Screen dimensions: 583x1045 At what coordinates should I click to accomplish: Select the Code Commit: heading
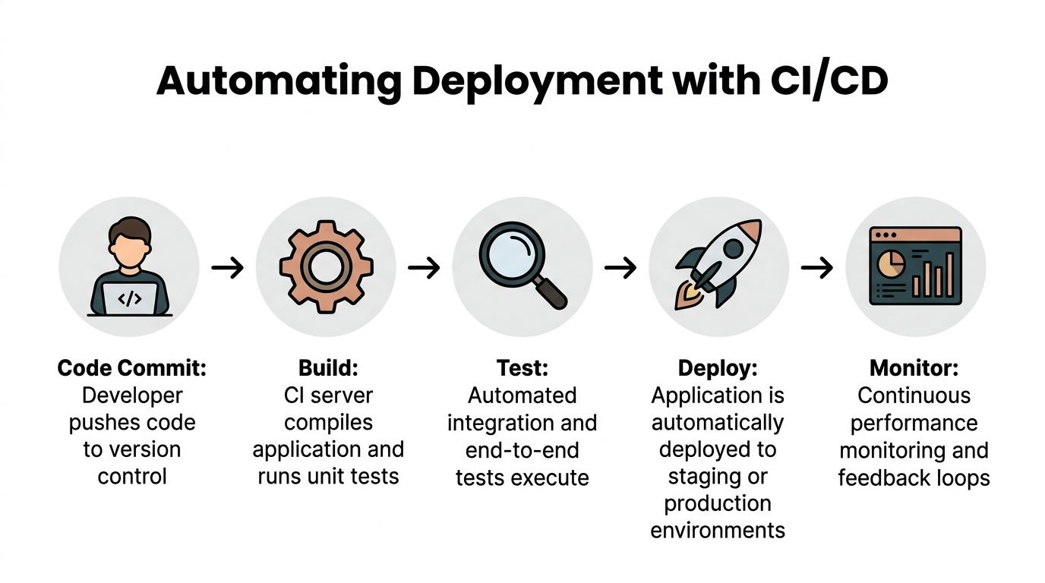[x=132, y=368]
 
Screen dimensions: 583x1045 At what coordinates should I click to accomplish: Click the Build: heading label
[x=328, y=368]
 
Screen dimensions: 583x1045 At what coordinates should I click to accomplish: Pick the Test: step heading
[x=522, y=368]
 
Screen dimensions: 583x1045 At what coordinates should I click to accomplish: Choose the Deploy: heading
[x=718, y=368]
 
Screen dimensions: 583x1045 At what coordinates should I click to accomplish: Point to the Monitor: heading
[x=914, y=368]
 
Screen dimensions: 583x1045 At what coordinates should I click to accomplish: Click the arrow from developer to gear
[x=228, y=268]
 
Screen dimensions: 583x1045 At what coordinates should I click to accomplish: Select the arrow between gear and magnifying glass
[x=424, y=268]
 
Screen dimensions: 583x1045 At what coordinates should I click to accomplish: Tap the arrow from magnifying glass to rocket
[x=620, y=268]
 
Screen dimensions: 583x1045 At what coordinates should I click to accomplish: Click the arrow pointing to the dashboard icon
[x=817, y=268]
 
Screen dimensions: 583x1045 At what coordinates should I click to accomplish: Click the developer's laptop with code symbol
[x=130, y=298]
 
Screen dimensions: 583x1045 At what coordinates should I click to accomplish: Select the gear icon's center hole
[x=326, y=268]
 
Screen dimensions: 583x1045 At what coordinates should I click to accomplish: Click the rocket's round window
[x=734, y=248]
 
